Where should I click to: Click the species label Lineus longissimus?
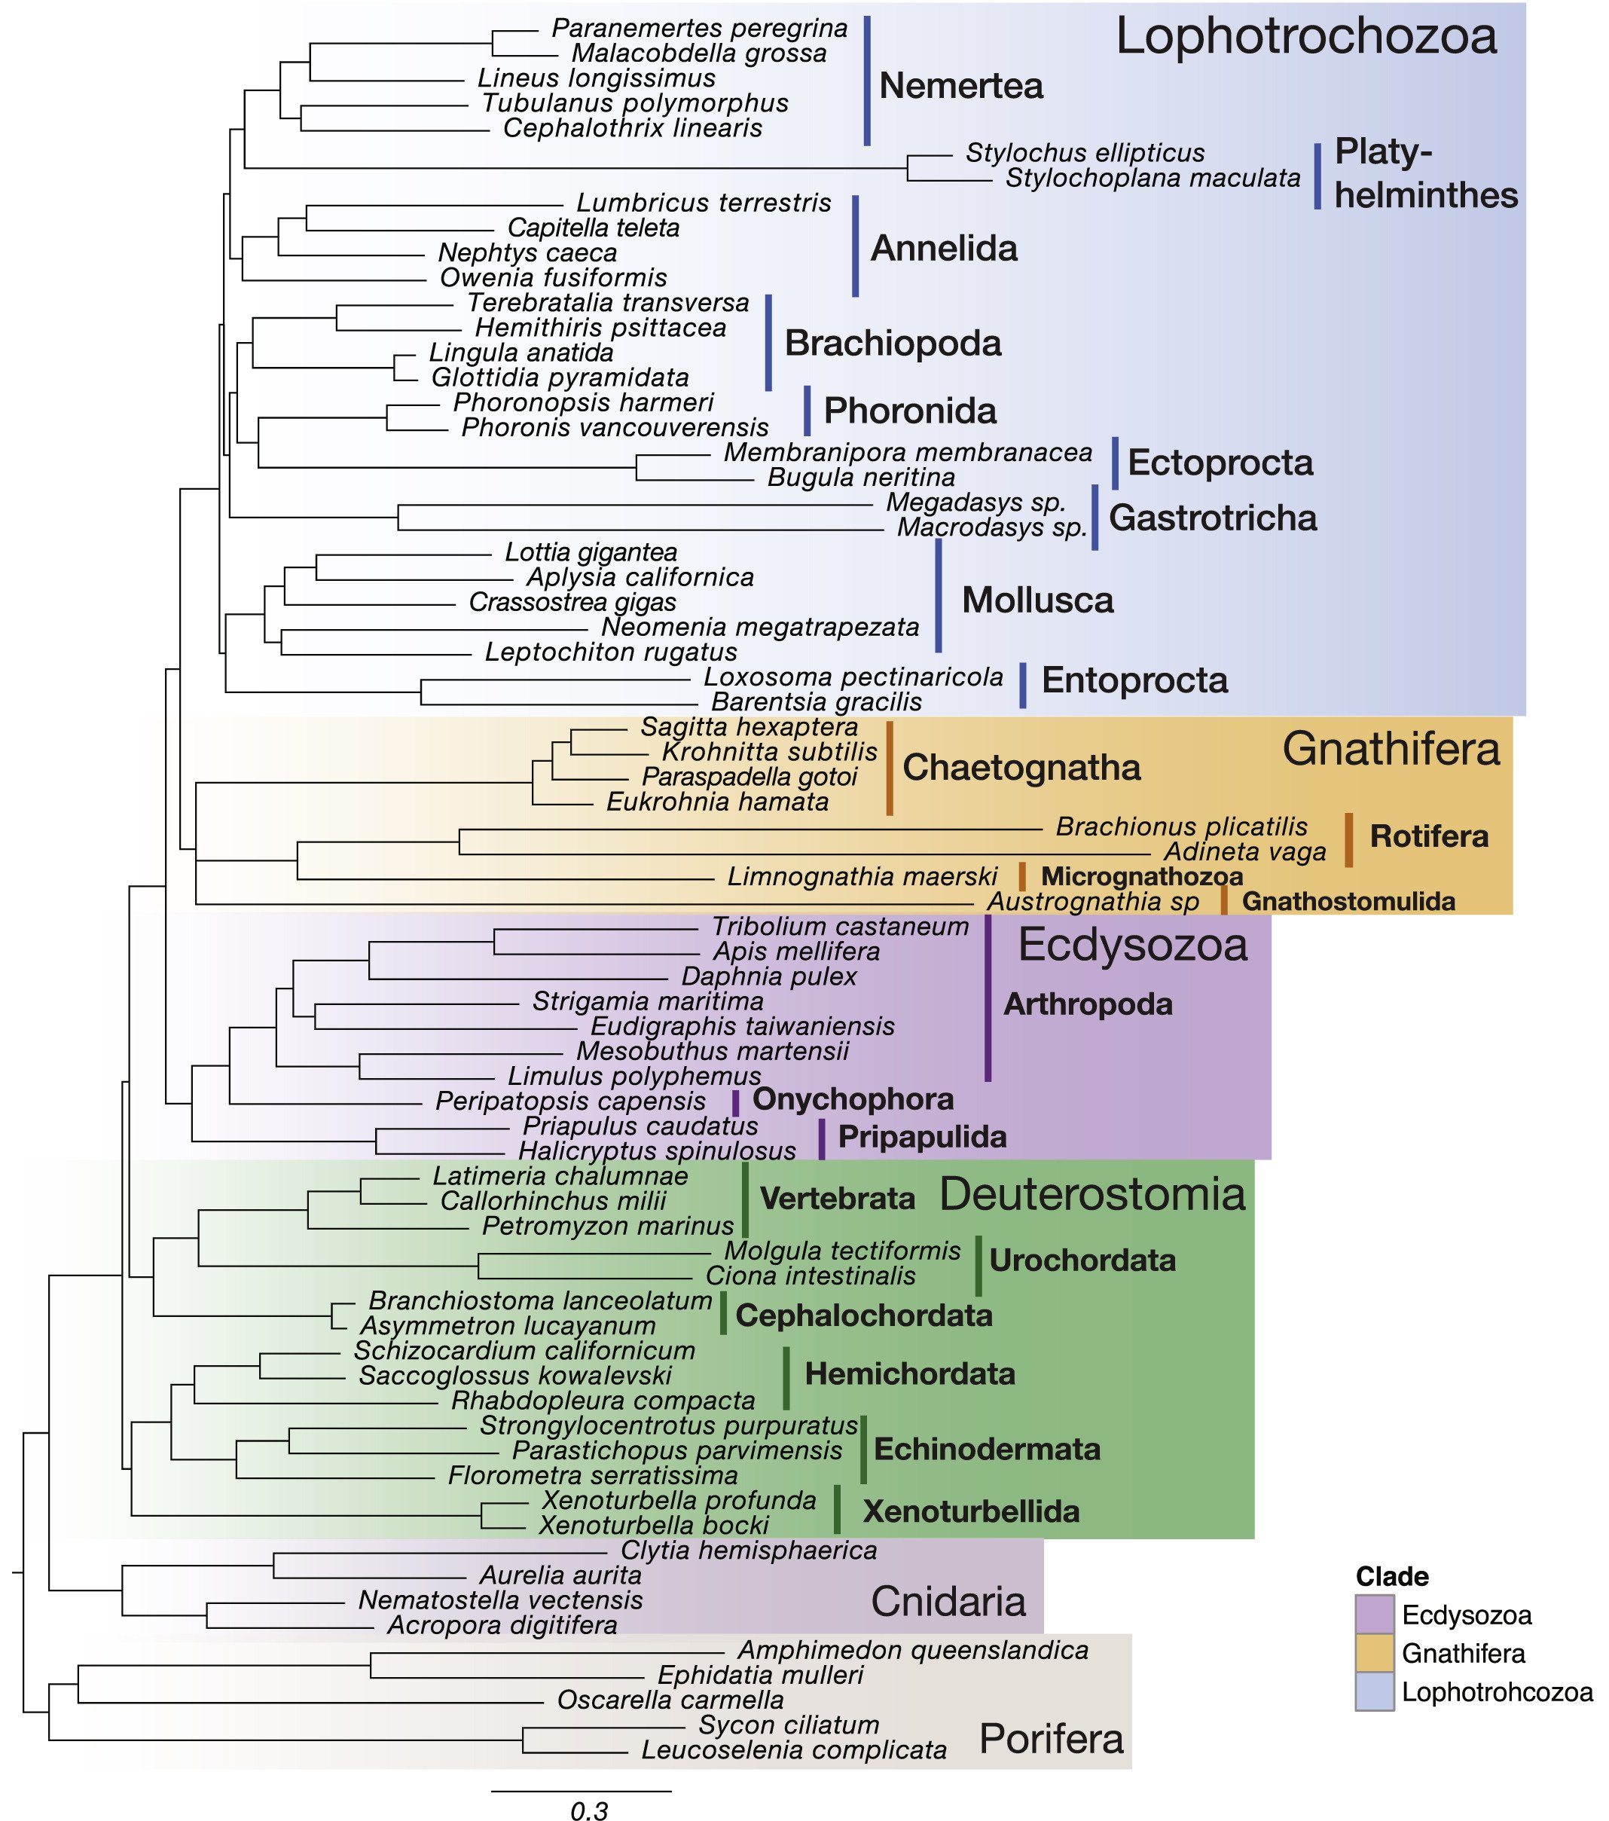click(x=596, y=78)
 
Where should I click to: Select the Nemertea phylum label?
click(x=960, y=87)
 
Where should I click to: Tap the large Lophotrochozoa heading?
click(x=1305, y=38)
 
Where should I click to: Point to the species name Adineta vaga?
click(x=1244, y=853)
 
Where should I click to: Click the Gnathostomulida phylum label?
click(x=1348, y=902)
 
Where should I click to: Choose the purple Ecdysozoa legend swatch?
click(x=1374, y=1615)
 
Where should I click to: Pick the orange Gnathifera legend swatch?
click(x=1374, y=1654)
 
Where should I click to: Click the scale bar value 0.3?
click(x=589, y=1810)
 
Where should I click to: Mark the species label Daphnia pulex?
click(x=769, y=976)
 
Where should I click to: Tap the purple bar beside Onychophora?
click(x=736, y=1102)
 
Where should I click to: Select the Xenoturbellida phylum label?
click(x=971, y=1511)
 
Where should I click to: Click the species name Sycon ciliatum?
click(x=789, y=1725)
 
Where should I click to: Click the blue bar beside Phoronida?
click(x=808, y=411)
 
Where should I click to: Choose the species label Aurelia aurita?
click(x=560, y=1575)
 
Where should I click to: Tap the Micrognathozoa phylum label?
click(x=1141, y=877)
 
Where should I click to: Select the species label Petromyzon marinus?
click(x=608, y=1226)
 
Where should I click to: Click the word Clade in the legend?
click(x=1391, y=1577)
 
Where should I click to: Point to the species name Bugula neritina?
click(x=861, y=478)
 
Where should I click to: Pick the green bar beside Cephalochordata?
click(x=723, y=1313)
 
